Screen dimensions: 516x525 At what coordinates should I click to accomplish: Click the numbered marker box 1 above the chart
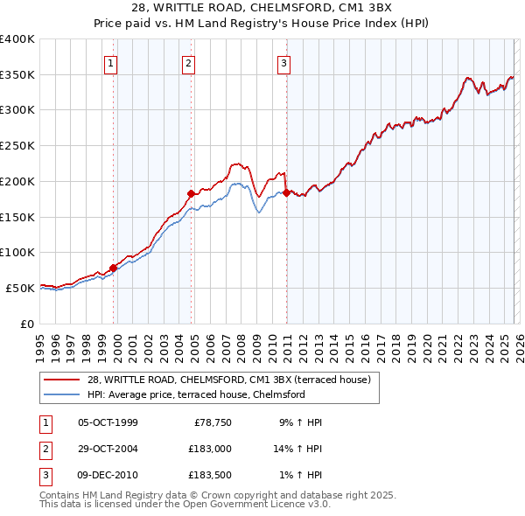click(112, 62)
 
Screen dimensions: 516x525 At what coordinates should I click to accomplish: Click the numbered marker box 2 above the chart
click(189, 62)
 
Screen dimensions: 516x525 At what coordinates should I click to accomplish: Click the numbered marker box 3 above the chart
click(284, 62)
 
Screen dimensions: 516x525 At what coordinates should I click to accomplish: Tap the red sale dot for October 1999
click(113, 268)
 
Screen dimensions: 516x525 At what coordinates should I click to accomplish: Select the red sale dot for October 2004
click(191, 192)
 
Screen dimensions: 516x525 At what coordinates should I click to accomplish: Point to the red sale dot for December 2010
click(286, 192)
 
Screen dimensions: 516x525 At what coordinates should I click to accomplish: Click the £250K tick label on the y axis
click(17, 146)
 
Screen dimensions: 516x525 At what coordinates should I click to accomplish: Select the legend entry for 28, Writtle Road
click(229, 380)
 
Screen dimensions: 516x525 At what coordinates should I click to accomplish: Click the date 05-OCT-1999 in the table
click(108, 422)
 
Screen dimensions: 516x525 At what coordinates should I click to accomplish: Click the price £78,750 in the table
click(211, 422)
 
